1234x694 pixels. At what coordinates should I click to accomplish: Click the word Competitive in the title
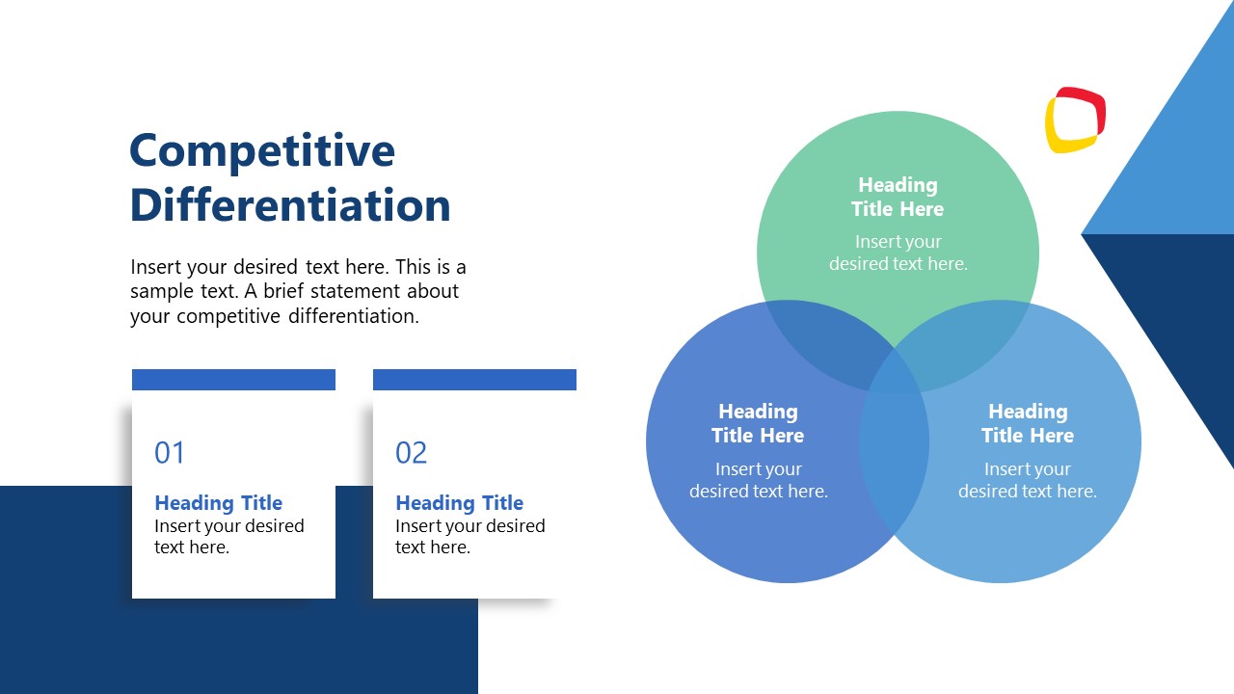point(261,151)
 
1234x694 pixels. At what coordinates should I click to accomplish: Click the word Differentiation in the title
point(289,205)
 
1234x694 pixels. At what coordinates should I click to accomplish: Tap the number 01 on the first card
point(170,453)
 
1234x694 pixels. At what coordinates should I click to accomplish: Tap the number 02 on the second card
point(411,453)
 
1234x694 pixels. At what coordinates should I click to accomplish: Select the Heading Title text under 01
point(218,503)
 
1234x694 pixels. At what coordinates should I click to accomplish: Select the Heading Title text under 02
point(459,503)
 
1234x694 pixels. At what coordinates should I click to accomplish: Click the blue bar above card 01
point(233,380)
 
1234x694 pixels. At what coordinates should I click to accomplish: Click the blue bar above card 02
point(474,380)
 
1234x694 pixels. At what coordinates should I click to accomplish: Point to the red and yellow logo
point(1075,120)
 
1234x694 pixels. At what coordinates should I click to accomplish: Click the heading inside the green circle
point(898,197)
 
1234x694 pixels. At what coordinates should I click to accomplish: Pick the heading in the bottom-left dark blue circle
point(758,423)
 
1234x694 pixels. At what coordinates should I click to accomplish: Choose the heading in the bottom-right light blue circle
point(1028,423)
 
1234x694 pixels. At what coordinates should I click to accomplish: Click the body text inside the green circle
point(898,253)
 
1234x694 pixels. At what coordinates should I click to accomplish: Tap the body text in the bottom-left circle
point(758,480)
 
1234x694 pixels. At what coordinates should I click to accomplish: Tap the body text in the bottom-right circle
point(1028,480)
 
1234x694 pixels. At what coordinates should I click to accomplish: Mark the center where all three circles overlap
point(894,370)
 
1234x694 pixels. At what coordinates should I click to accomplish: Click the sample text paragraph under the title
point(298,291)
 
